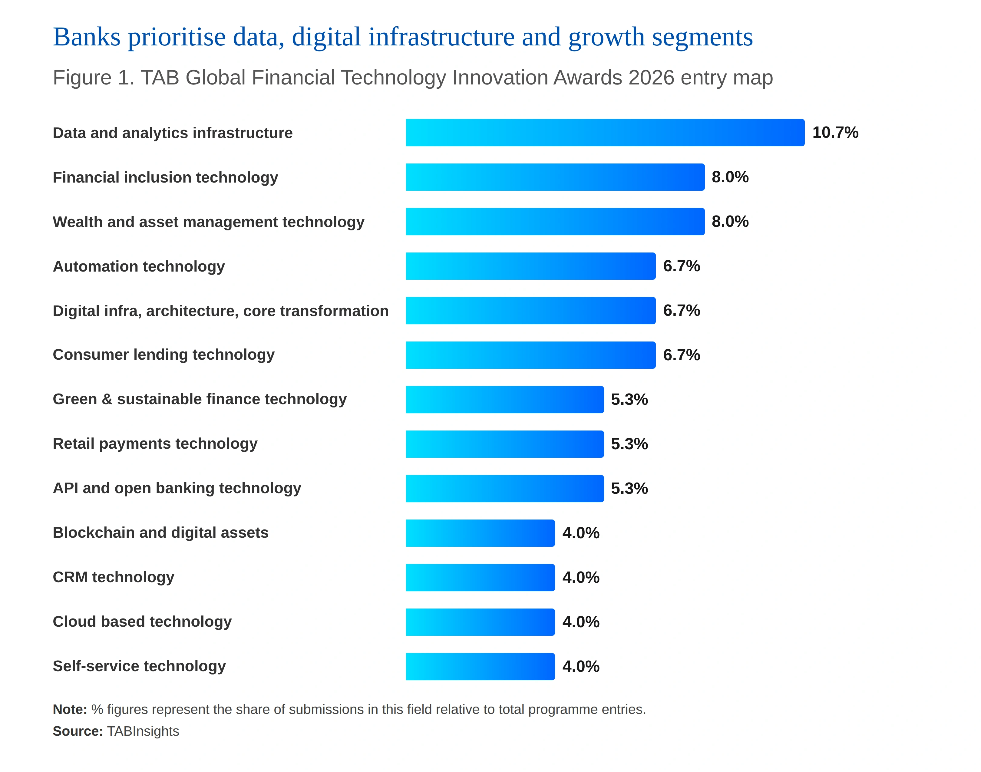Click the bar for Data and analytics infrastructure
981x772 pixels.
click(605, 132)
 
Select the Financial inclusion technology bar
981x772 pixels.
click(555, 177)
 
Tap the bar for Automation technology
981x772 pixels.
click(531, 266)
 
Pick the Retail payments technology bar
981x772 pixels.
click(504, 444)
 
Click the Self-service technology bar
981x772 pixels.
click(480, 666)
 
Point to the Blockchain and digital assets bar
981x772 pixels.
click(480, 533)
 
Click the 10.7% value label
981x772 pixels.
click(835, 132)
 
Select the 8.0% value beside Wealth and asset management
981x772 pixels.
click(730, 222)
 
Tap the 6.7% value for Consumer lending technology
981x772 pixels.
click(681, 355)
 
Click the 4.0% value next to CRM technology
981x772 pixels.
click(580, 577)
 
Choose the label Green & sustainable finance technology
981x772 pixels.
click(200, 399)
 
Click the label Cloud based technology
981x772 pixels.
click(142, 622)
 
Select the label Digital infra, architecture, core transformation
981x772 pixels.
click(221, 311)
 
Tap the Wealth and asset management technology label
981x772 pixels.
click(208, 222)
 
